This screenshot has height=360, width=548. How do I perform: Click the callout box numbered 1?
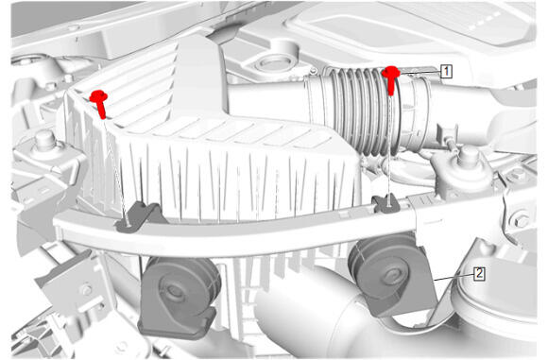point(446,71)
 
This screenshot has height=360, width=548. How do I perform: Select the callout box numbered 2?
point(479,274)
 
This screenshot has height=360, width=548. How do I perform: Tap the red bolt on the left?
point(99,104)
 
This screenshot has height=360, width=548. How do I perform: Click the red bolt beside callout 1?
point(391,80)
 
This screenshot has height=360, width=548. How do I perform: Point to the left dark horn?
point(179,297)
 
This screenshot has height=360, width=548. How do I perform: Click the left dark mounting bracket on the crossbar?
point(139,216)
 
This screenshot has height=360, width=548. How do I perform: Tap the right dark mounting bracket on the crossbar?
point(386,203)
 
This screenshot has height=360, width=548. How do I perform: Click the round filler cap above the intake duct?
point(275,63)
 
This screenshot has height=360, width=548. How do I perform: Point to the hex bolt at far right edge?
point(522,220)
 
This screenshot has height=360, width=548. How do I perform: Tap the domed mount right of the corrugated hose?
point(464,169)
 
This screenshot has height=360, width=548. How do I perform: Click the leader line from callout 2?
point(454,277)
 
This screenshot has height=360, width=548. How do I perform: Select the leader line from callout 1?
point(420,73)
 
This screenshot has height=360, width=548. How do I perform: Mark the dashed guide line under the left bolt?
point(115,171)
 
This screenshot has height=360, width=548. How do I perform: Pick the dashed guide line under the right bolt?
point(389,151)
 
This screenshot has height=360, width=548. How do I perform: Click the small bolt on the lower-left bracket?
point(86,290)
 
